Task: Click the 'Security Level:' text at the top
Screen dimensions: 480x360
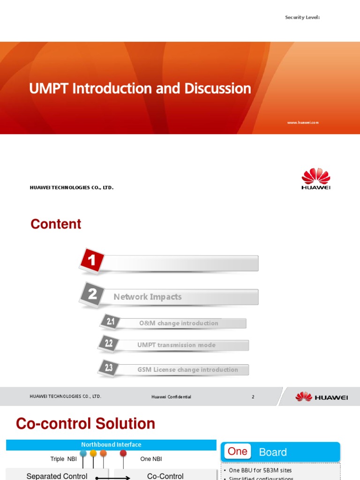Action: tap(302, 17)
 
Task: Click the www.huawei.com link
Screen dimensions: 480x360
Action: tap(303, 122)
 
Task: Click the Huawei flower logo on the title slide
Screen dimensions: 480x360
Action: tap(315, 177)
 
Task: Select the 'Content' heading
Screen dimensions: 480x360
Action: tap(56, 224)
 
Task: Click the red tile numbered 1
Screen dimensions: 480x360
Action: tap(92, 261)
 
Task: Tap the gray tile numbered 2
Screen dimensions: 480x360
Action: tap(92, 294)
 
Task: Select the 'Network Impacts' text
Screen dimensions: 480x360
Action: tap(147, 297)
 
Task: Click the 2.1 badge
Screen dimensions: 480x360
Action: tap(110, 322)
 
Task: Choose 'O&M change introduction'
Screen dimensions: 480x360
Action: tap(179, 323)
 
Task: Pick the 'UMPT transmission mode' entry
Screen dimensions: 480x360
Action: tap(176, 345)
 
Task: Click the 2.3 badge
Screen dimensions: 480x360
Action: tap(109, 368)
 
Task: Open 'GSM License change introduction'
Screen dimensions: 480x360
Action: tap(187, 370)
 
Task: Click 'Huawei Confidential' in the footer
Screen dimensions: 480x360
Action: tap(171, 397)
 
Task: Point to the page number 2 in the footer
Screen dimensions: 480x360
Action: tap(253, 397)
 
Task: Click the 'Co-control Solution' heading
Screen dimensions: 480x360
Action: tap(85, 424)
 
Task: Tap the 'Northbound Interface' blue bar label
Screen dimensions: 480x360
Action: tap(111, 445)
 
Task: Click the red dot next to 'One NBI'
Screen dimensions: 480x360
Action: tap(123, 453)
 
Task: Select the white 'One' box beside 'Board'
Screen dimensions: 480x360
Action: tap(237, 452)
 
